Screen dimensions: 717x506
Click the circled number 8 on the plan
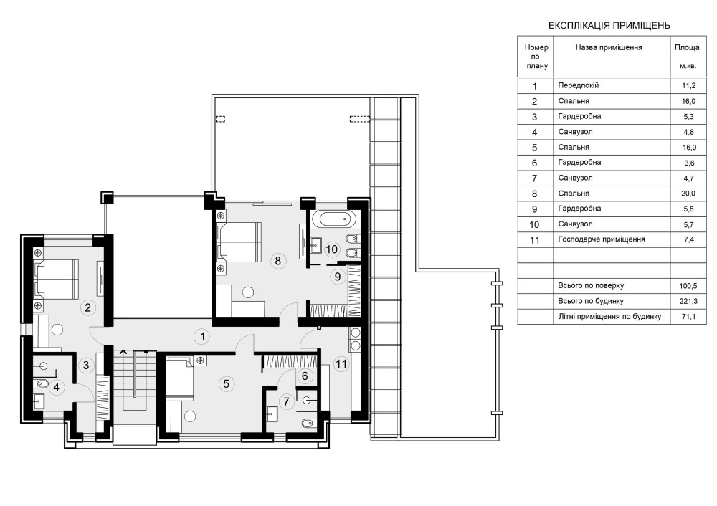[x=277, y=261]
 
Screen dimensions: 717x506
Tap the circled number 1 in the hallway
[x=201, y=337]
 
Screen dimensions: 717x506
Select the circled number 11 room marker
[x=341, y=364]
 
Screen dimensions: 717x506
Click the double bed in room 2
[x=55, y=280]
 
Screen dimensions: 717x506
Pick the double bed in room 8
[x=239, y=242]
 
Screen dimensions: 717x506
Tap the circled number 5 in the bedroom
[x=226, y=383]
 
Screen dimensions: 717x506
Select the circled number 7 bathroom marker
[x=286, y=401]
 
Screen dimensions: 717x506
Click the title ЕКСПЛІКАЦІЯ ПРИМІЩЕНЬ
[x=609, y=25]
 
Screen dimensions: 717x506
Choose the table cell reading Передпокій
[x=578, y=85]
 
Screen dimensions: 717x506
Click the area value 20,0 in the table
[x=688, y=194]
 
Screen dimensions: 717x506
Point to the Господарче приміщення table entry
[x=602, y=239]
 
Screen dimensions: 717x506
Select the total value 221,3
[x=688, y=301]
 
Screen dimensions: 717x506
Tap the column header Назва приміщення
[x=609, y=47]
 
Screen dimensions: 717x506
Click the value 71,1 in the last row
[x=688, y=316]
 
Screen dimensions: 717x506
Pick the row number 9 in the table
[x=535, y=209]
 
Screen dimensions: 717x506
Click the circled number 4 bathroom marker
[x=56, y=387]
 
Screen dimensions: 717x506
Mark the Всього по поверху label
[x=591, y=286]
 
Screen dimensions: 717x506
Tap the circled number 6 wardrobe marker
[x=305, y=376]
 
